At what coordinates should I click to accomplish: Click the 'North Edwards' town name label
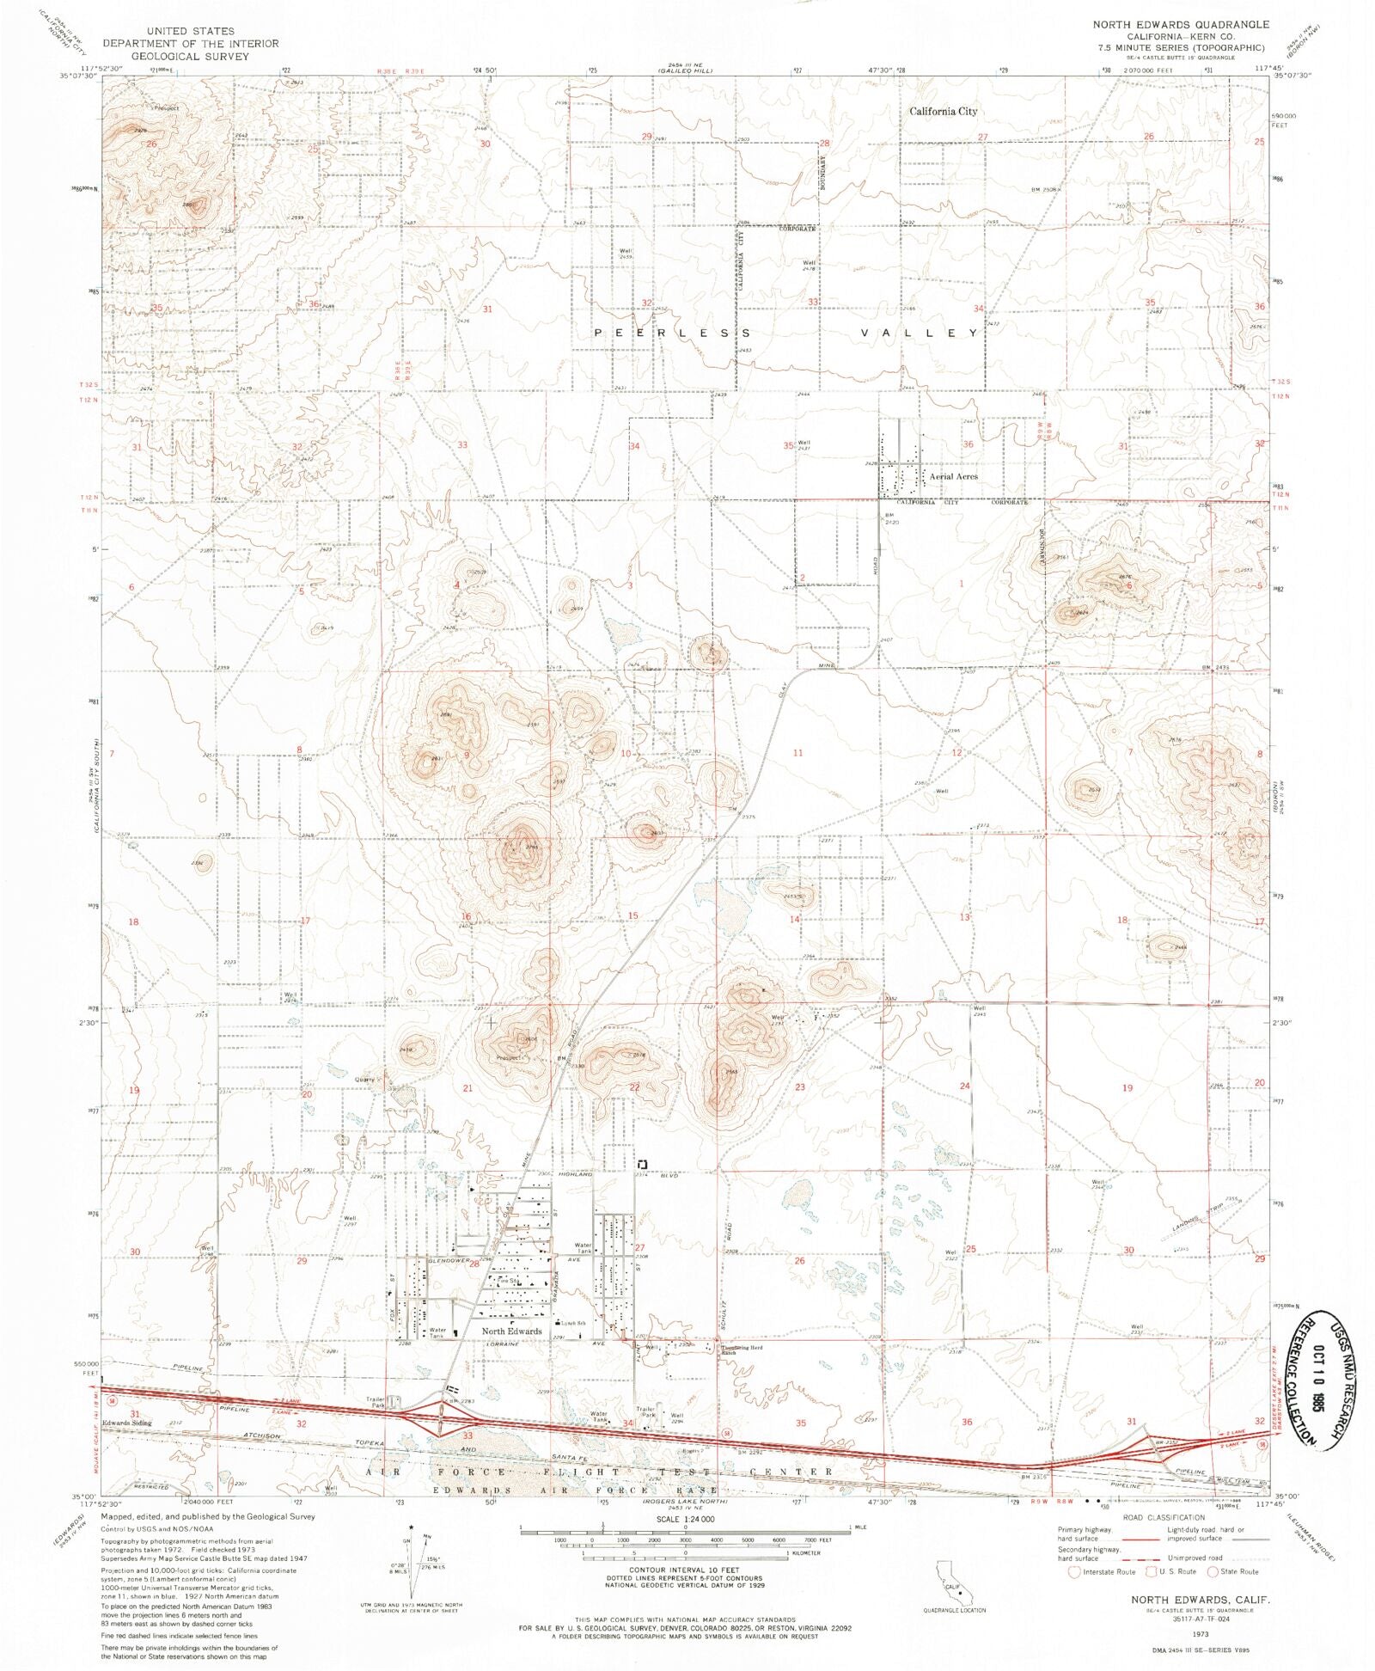point(511,1331)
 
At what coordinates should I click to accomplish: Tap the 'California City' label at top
point(943,111)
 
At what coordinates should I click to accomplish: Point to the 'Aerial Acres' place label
point(953,476)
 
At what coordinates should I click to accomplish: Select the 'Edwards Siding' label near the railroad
point(126,1423)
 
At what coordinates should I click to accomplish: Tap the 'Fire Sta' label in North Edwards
point(508,1281)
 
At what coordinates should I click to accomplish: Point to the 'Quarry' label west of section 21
point(366,1080)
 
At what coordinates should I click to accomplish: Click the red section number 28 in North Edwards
point(474,1264)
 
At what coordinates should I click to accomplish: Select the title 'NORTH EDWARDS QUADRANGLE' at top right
point(1180,24)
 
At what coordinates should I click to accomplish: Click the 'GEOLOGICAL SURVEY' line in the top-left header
point(190,56)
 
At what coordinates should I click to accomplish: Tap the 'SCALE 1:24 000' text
point(684,1520)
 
